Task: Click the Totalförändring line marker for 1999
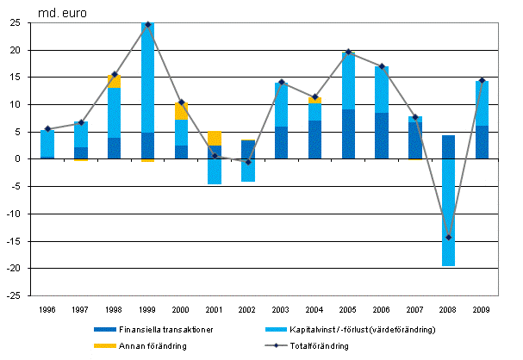[x=147, y=24]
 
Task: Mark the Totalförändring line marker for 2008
[x=448, y=237]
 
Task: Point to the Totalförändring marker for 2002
[x=248, y=162]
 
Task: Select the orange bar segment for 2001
[x=215, y=138]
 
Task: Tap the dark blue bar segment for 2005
[x=348, y=134]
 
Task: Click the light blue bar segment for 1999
[x=147, y=78]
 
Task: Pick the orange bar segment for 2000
[x=181, y=112]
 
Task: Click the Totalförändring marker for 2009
[x=482, y=80]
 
